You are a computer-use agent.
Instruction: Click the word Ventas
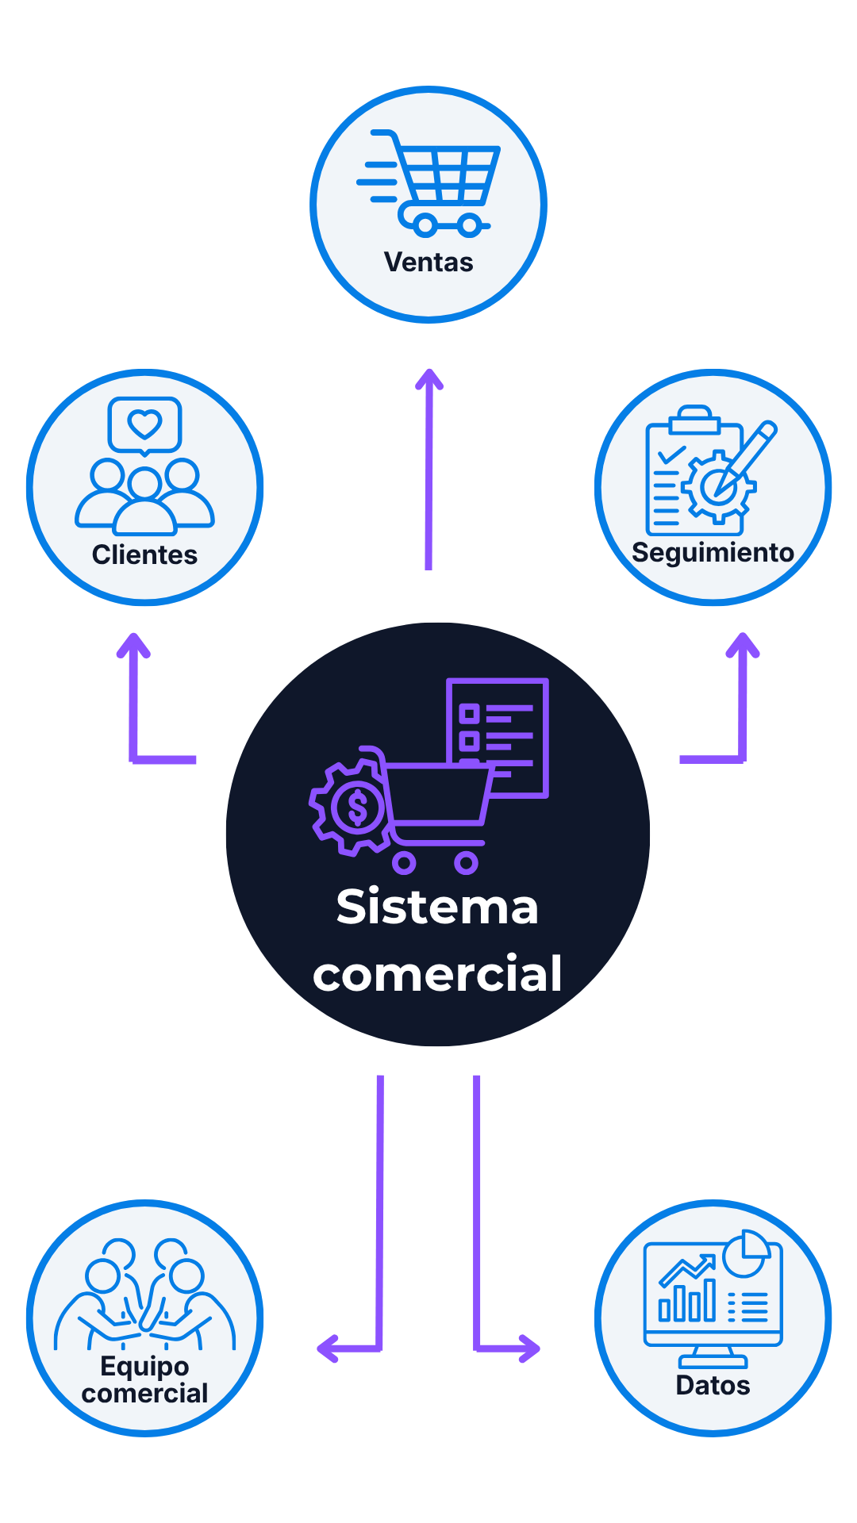[x=428, y=262]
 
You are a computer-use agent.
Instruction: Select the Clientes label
[x=144, y=554]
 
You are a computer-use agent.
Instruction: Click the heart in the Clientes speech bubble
[x=145, y=424]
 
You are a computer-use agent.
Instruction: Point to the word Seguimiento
[x=713, y=552]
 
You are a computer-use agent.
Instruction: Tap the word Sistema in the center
[x=437, y=907]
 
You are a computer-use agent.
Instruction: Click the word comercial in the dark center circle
[x=437, y=974]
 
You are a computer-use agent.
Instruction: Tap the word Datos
[x=713, y=1385]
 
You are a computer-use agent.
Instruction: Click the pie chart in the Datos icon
[x=745, y=1253]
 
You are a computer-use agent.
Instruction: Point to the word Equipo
[x=144, y=1366]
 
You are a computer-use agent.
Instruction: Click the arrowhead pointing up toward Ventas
[x=429, y=379]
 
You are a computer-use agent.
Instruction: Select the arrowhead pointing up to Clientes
[x=133, y=643]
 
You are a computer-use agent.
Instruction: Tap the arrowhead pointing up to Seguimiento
[x=743, y=643]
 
